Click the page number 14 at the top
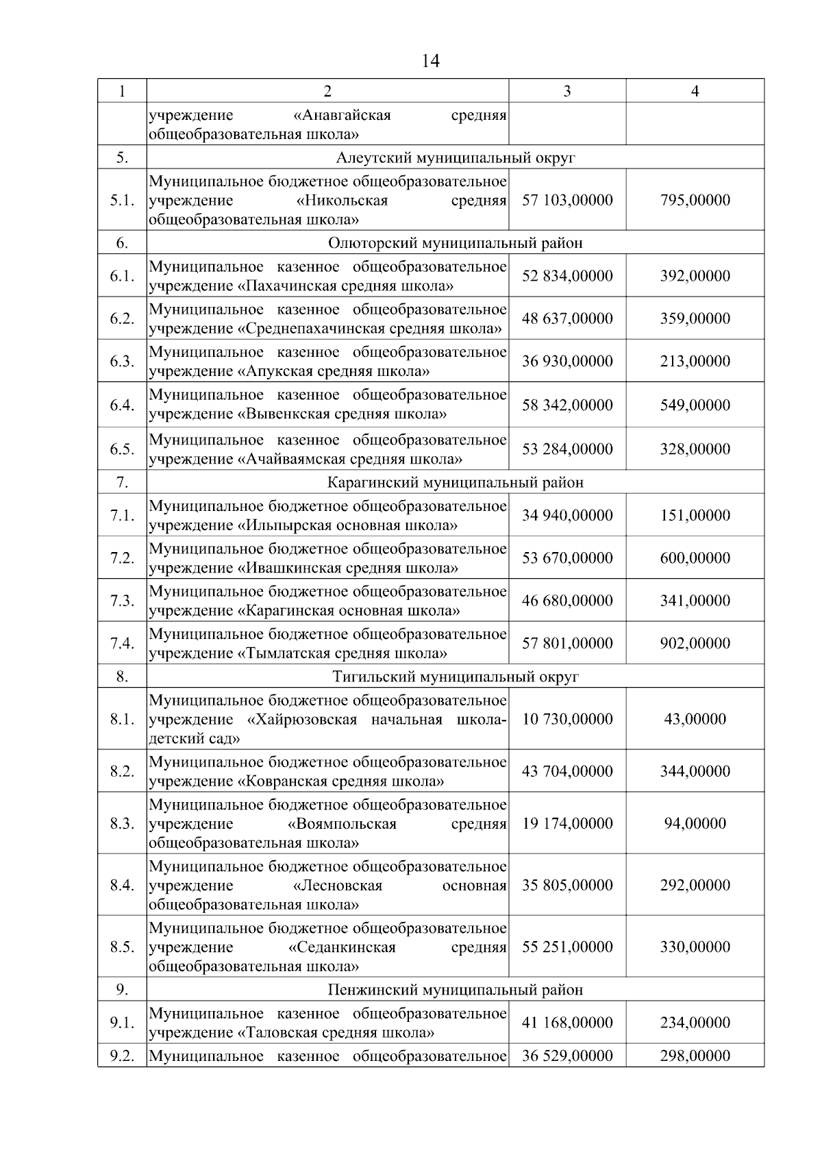tap(430, 62)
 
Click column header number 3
tap(566, 91)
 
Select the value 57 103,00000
tap(567, 200)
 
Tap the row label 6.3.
tap(122, 361)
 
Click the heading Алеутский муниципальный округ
tap(455, 158)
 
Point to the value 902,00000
tap(695, 643)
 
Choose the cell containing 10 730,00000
tap(567, 719)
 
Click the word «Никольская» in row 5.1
tap(342, 201)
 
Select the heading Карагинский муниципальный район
tap(455, 482)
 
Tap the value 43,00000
tap(695, 719)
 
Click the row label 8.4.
tap(122, 885)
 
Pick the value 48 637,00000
tap(567, 318)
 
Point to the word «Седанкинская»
tap(342, 947)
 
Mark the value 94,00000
tap(695, 823)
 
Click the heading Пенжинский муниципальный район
tap(455, 990)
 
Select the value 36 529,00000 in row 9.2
tap(567, 1055)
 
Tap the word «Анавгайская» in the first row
tap(342, 115)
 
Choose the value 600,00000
tap(695, 558)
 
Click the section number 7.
tap(122, 482)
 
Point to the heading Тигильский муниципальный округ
tap(455, 677)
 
